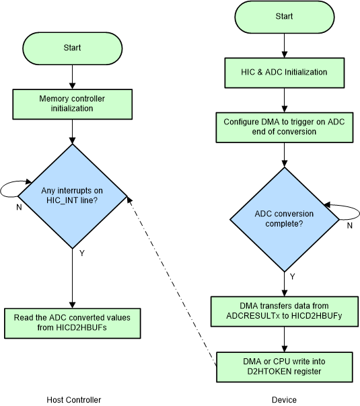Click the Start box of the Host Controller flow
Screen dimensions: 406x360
pos(72,48)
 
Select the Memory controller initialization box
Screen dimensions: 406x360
pos(72,104)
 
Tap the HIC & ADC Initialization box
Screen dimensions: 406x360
pos(284,72)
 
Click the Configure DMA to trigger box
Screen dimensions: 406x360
pos(284,127)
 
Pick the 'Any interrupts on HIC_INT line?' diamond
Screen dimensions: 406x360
pos(72,197)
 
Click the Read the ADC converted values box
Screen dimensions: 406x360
pos(72,324)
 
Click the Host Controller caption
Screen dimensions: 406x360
pos(74,400)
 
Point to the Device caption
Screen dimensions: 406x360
pos(285,400)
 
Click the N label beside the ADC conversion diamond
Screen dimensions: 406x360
pos(349,226)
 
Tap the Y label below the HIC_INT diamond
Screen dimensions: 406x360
pos(82,255)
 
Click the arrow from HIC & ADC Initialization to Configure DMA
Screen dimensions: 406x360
pos(284,97)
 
